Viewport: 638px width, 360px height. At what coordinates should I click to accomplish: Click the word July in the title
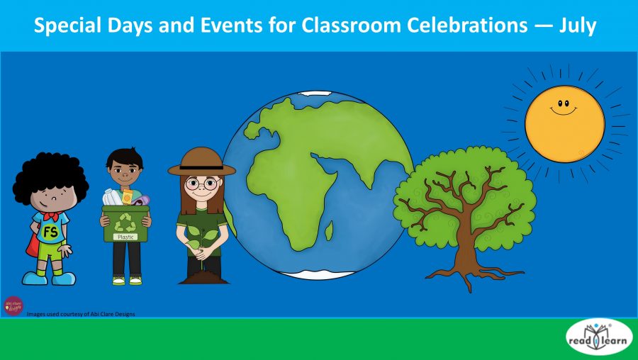pyautogui.click(x=575, y=26)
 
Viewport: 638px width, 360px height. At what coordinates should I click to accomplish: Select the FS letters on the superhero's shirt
pyautogui.click(x=50, y=232)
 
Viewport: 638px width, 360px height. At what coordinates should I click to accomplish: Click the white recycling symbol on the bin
pyautogui.click(x=125, y=220)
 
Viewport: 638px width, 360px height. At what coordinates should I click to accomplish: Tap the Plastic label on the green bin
pyautogui.click(x=125, y=237)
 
